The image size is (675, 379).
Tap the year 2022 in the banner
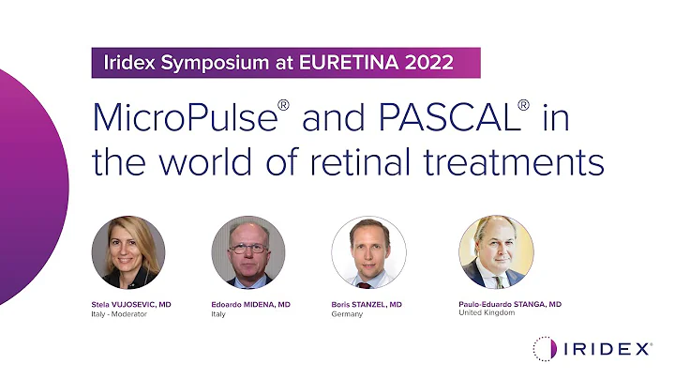(432, 64)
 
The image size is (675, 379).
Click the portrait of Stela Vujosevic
(128, 251)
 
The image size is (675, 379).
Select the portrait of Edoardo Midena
(248, 251)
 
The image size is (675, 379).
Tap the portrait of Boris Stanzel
(368, 251)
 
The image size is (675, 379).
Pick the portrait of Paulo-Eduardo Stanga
(496, 251)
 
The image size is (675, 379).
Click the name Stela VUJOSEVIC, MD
(130, 304)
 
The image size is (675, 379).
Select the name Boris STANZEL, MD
(367, 304)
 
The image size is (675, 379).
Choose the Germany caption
(347, 314)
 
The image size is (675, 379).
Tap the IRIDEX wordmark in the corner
(608, 349)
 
